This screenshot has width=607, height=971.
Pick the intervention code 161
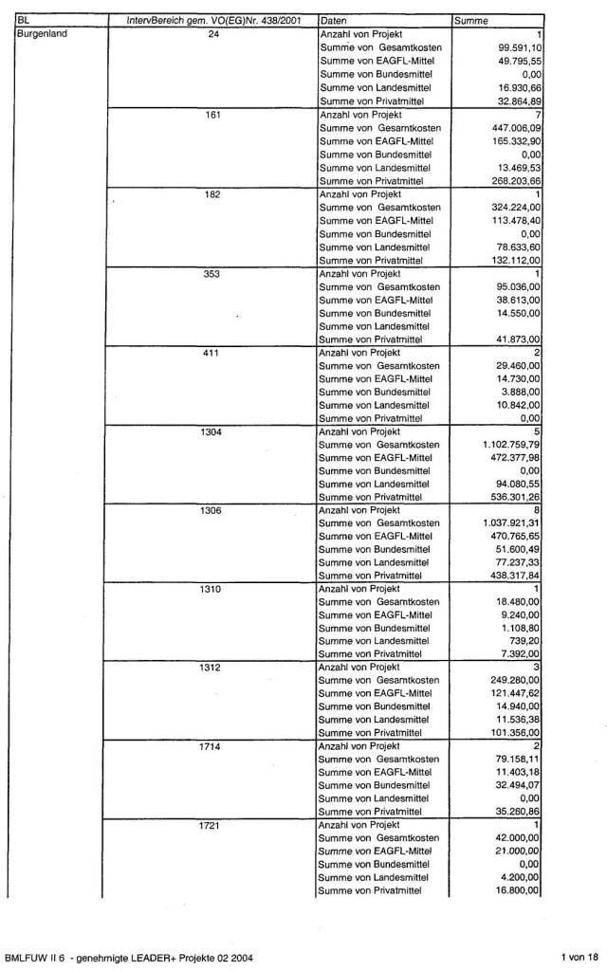(x=213, y=113)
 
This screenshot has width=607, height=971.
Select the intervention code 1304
(x=213, y=431)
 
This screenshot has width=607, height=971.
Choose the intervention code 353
(x=213, y=272)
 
